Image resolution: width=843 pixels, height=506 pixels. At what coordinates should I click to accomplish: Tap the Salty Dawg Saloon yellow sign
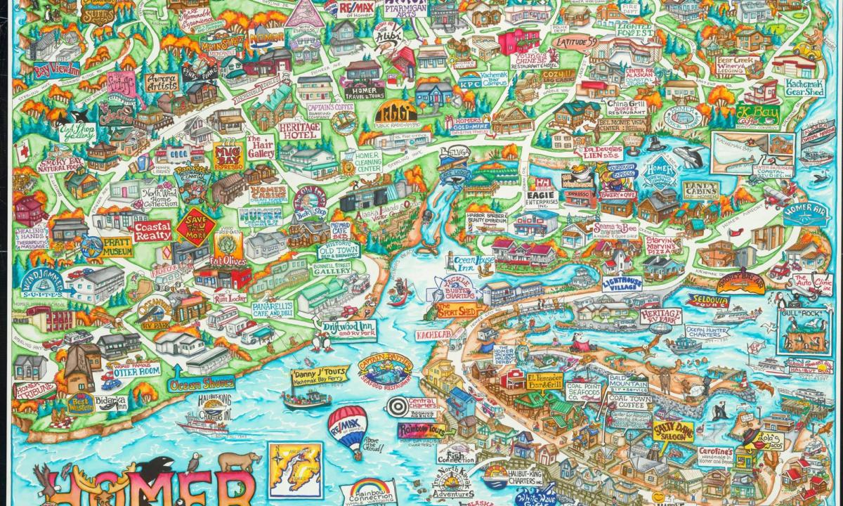pyautogui.click(x=672, y=430)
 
